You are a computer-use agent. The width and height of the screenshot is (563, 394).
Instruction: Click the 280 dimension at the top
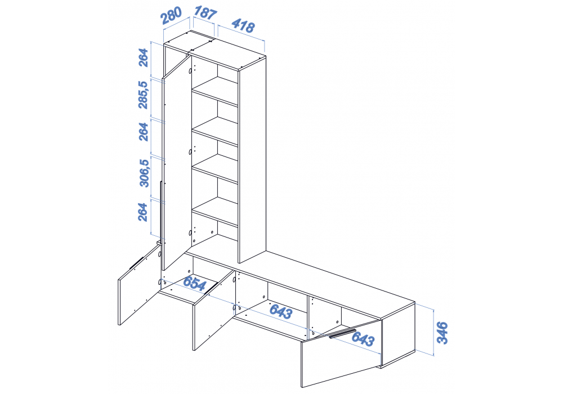pyautogui.click(x=172, y=16)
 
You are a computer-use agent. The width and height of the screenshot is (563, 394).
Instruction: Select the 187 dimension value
pyautogui.click(x=205, y=13)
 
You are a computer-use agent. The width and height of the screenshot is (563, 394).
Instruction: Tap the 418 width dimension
pyautogui.click(x=243, y=25)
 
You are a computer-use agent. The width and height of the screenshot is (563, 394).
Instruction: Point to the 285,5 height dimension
pyautogui.click(x=143, y=95)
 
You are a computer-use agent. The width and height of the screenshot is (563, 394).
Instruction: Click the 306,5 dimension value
pyautogui.click(x=144, y=173)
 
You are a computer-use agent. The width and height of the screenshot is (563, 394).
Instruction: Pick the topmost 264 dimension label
pyautogui.click(x=143, y=57)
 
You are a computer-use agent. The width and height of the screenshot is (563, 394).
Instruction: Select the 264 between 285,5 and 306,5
pyautogui.click(x=143, y=132)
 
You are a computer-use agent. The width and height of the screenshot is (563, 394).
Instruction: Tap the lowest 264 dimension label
pyautogui.click(x=143, y=212)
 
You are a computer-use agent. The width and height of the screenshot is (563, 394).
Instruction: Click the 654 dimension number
pyautogui.click(x=195, y=283)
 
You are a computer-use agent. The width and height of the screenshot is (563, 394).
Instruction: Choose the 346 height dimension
pyautogui.click(x=443, y=333)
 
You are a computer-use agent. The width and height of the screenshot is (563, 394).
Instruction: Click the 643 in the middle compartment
pyautogui.click(x=281, y=311)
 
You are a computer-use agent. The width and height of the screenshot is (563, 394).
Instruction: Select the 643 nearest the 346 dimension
pyautogui.click(x=363, y=338)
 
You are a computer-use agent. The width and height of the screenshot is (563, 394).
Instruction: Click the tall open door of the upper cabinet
pyautogui.click(x=177, y=162)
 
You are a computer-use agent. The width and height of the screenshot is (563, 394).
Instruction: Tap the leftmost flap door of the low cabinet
pyautogui.click(x=139, y=284)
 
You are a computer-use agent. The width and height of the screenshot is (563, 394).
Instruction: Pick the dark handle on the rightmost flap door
pyautogui.click(x=343, y=333)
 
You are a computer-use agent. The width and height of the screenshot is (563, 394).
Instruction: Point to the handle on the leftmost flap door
pyautogui.click(x=136, y=263)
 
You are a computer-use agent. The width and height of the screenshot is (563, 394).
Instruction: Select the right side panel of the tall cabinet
pyautogui.click(x=252, y=160)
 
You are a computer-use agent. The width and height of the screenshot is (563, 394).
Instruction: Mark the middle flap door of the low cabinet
pyautogui.click(x=214, y=310)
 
